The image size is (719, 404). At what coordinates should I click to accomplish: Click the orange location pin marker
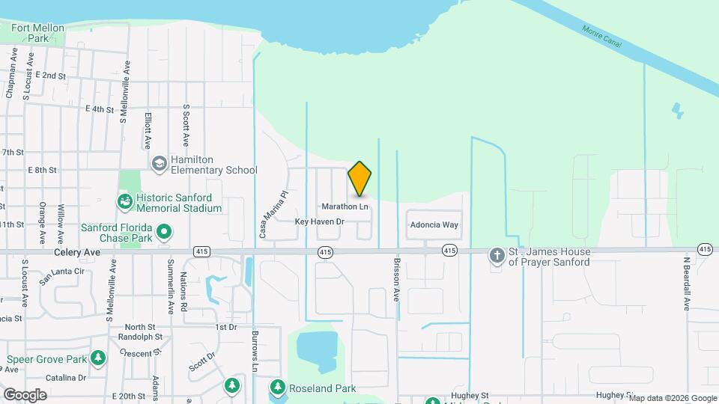360,180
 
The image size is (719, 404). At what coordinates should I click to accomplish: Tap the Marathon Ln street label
345,206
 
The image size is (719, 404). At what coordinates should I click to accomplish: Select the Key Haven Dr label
319,221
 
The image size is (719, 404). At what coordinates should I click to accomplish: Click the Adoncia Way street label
433,224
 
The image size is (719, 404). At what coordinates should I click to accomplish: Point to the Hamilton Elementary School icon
159,164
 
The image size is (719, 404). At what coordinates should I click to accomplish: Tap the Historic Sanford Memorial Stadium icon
124,201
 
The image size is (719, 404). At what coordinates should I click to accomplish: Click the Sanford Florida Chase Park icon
165,232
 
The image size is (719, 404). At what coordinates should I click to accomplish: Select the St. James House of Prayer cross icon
496,256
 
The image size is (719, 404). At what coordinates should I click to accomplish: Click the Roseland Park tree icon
278,387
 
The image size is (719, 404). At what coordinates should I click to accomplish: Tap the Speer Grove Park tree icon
98,358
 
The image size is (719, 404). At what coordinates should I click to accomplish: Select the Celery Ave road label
73,253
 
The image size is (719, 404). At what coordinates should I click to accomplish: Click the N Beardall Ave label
685,284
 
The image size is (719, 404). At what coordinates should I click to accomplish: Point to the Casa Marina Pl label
273,213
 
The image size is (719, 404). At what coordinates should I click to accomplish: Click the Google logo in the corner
25,394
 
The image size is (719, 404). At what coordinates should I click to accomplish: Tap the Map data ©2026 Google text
673,398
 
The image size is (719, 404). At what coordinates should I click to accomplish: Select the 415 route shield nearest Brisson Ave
449,250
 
